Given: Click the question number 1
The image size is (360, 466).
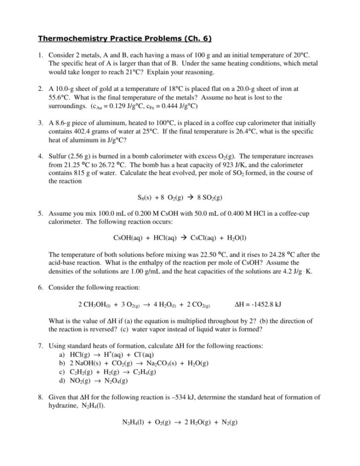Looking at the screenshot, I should (x=41, y=55).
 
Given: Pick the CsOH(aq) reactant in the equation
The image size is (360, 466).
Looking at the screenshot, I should (x=129, y=238).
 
